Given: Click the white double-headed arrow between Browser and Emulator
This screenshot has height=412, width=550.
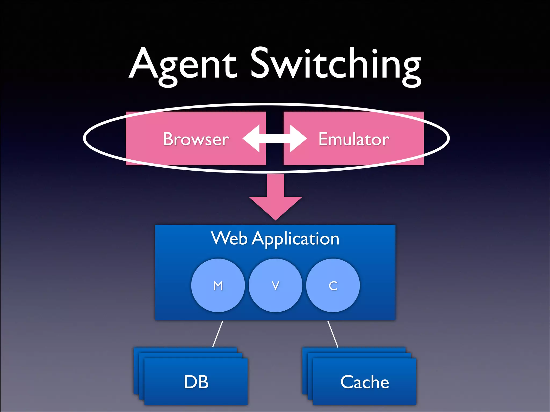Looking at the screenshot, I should tap(275, 138).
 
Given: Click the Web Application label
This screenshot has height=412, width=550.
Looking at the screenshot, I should tap(275, 238).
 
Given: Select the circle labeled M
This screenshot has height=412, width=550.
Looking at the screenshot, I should tap(218, 285).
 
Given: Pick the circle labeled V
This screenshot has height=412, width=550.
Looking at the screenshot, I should tap(276, 285).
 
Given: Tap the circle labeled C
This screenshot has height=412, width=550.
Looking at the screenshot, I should tap(333, 285).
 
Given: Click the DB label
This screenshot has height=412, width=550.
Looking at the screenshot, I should tap(196, 382).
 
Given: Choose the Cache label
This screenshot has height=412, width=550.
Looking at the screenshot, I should tap(364, 382).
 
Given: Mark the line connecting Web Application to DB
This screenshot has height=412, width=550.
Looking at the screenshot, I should tap(218, 334).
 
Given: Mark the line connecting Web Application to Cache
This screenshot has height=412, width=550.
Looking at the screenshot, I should tap(333, 334).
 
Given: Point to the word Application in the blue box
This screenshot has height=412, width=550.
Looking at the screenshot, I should tap(295, 239).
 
